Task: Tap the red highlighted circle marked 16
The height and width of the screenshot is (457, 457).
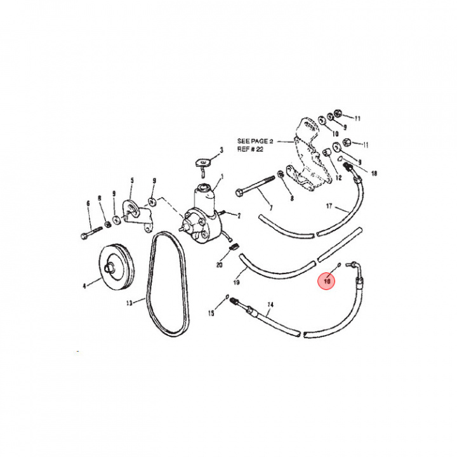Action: [x=328, y=281]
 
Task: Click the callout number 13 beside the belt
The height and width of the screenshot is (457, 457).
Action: [x=129, y=303]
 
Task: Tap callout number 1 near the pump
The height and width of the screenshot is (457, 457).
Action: [x=222, y=176]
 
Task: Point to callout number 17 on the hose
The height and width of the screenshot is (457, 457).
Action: [x=329, y=206]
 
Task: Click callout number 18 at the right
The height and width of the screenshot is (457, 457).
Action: [x=374, y=173]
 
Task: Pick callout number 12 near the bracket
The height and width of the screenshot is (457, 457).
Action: [x=338, y=178]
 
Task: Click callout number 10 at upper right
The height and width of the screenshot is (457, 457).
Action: [x=334, y=135]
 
